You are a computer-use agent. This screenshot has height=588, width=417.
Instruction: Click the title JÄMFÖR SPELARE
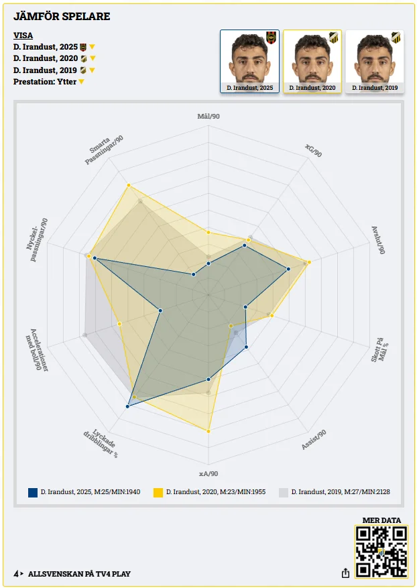pos(62,16)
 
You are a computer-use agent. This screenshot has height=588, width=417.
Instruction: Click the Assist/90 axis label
pos(314,439)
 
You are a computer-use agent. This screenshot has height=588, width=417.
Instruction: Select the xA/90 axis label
pos(208,473)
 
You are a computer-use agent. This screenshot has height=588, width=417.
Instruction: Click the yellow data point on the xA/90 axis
pos(208,430)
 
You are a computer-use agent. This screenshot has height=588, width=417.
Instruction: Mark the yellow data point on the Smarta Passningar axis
pos(128,185)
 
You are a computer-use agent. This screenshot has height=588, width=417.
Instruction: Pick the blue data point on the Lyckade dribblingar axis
pos(127,406)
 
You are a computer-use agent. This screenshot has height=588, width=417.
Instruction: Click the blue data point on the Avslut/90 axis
pos(288,269)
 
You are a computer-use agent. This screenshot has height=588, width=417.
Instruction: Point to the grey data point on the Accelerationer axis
pos(85,335)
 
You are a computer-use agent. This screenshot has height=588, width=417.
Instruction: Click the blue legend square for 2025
pos(33,492)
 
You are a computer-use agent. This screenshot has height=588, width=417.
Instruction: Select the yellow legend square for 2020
pos(158,492)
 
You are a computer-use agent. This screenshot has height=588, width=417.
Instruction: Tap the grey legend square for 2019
pos(284,492)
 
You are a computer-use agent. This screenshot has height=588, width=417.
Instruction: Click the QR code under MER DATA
pos(381,552)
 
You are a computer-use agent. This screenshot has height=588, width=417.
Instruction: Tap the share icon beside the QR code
pos(345,573)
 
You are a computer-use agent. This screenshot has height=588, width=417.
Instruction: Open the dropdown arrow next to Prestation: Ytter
pos(81,82)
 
